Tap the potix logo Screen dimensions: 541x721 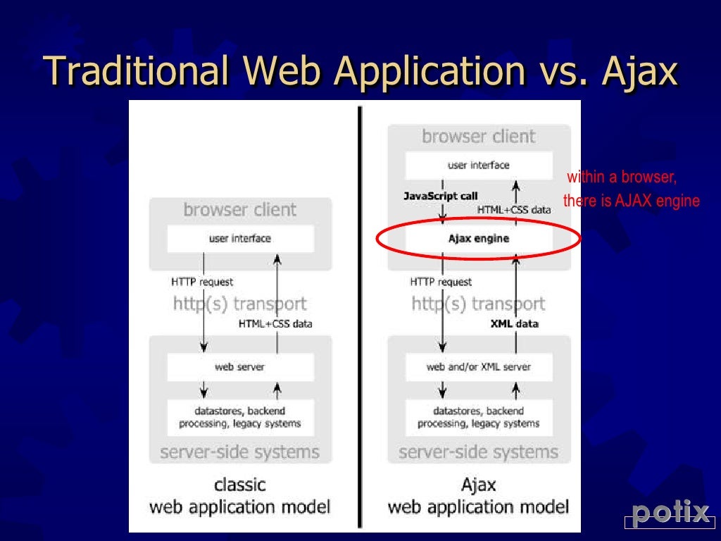(670, 514)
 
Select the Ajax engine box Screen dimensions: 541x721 (479, 239)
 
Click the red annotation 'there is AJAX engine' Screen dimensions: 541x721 (631, 201)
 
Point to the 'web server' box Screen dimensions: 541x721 (240, 367)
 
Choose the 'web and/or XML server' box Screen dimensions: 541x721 (479, 367)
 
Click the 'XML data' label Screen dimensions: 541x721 (514, 324)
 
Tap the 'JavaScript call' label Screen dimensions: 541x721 (441, 196)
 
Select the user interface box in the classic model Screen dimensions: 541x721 (240, 239)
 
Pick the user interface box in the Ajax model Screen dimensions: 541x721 (479, 166)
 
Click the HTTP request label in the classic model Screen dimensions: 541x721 (202, 282)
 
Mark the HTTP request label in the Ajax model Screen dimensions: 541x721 (441, 282)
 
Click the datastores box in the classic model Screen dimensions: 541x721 (240, 417)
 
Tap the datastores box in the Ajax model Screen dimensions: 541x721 (479, 417)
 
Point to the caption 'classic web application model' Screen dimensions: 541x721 (240, 496)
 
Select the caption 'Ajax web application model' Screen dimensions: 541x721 (479, 496)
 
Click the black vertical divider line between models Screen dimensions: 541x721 (360, 317)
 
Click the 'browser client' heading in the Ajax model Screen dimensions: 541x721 (479, 136)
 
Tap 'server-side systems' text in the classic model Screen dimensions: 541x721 (240, 452)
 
